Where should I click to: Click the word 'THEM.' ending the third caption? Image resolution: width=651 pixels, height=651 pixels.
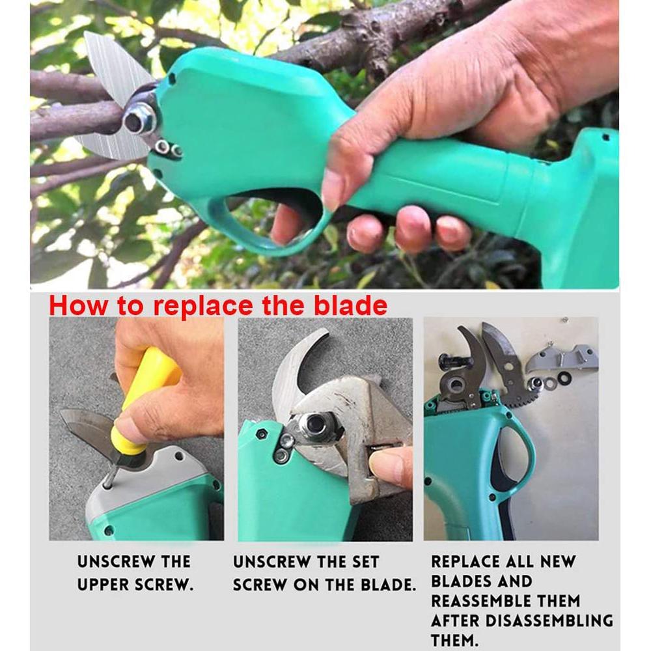coord(456,640)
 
